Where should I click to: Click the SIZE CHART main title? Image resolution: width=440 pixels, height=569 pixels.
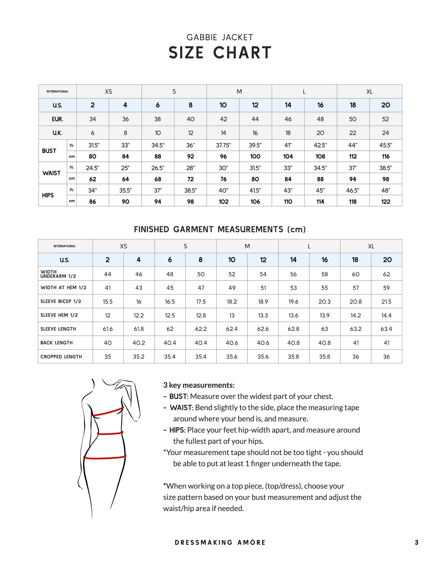point(220,53)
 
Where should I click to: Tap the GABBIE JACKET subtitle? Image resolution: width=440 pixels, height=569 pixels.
point(220,38)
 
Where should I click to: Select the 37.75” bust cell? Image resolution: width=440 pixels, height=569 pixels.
point(223,145)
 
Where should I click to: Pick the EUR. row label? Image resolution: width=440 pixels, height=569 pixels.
point(57,119)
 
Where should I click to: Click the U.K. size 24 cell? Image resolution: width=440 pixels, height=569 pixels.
point(386,133)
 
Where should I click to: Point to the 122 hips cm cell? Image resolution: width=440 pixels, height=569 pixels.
point(386,202)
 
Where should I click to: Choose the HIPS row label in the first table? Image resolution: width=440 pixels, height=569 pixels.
point(48,195)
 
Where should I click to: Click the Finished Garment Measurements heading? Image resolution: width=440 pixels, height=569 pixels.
point(220,230)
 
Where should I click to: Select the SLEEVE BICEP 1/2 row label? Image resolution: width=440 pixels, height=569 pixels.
point(61,301)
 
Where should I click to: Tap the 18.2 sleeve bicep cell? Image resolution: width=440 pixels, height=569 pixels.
point(232,302)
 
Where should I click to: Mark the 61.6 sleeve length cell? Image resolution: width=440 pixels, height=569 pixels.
point(108,329)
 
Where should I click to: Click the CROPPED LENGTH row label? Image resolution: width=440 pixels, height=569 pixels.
point(61,357)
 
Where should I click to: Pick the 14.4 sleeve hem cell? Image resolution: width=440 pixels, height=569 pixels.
point(386,315)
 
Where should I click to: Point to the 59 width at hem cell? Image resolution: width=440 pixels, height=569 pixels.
point(386,288)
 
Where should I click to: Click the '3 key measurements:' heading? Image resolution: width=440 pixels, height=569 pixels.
point(199,385)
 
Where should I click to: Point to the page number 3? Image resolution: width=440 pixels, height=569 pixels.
point(416,542)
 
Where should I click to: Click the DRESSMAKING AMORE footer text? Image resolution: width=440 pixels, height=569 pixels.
point(220,542)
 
